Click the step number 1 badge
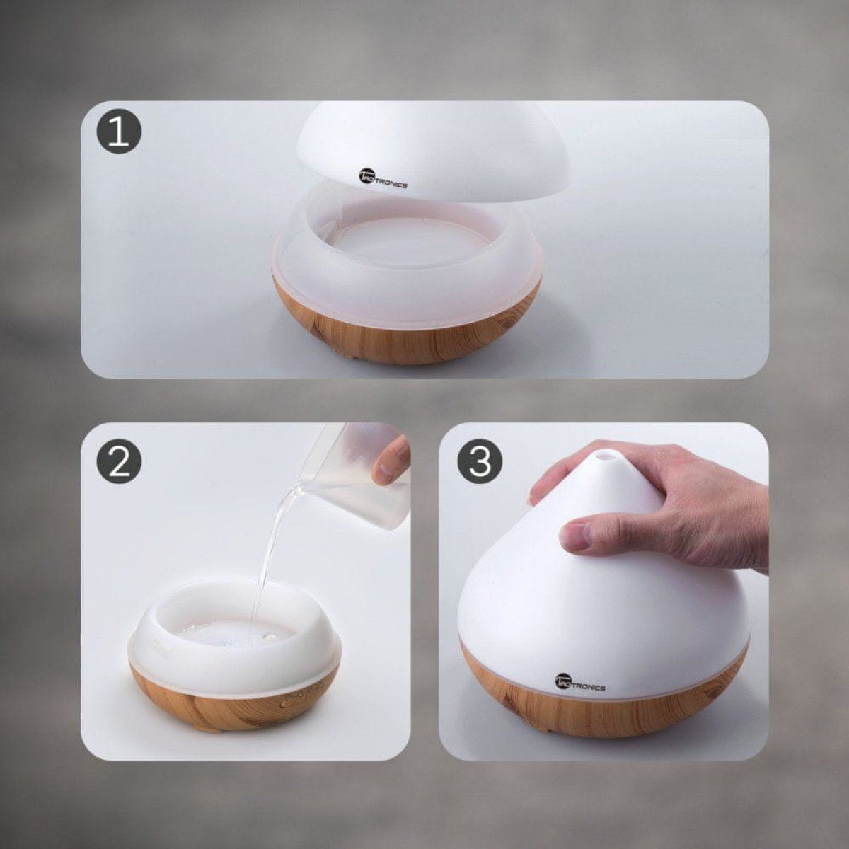click(119, 132)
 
